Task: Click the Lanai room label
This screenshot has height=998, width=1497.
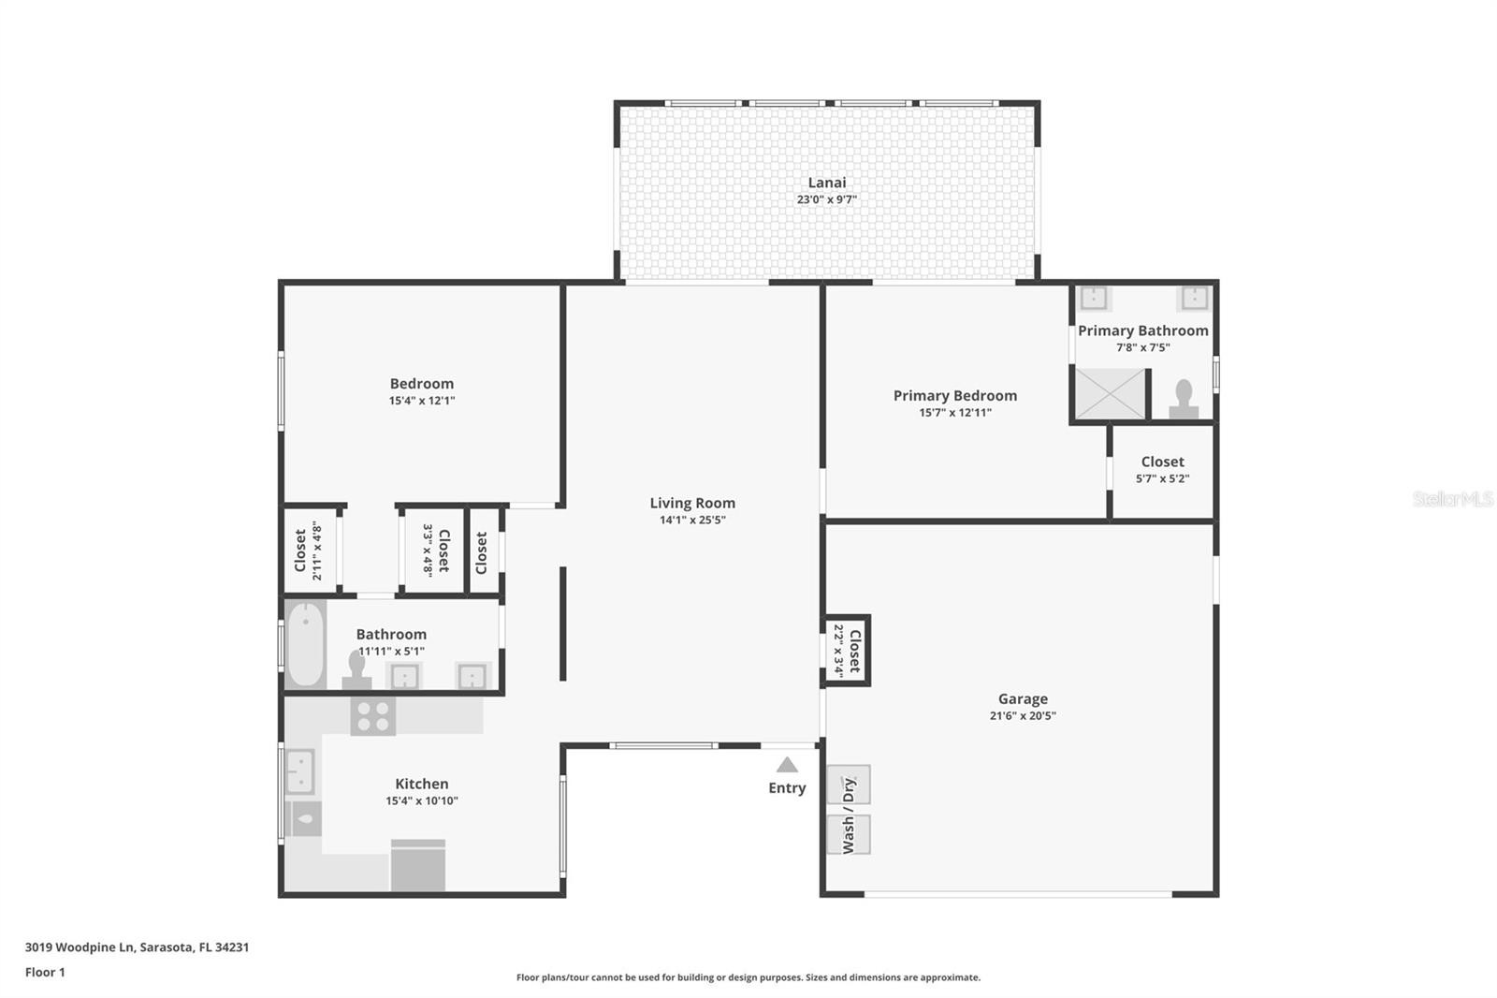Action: tap(827, 183)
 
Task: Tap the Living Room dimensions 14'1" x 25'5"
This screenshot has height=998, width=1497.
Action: tap(692, 520)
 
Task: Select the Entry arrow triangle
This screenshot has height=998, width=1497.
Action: tap(787, 765)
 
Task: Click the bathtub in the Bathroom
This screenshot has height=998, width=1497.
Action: tap(305, 644)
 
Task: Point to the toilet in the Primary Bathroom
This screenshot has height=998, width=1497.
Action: tap(1184, 400)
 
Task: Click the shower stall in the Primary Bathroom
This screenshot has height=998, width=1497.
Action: tap(1110, 393)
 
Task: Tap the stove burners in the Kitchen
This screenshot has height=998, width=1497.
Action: tap(373, 716)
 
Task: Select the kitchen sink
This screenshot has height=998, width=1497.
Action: tap(300, 771)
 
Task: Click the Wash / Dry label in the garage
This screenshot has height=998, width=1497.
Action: tap(848, 815)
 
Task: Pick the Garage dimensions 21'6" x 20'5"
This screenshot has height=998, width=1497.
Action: tap(1023, 715)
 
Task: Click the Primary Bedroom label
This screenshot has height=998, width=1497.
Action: tap(955, 395)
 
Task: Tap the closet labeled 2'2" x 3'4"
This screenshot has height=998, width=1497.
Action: tap(847, 650)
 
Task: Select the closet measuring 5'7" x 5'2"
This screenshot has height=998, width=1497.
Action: tap(1162, 471)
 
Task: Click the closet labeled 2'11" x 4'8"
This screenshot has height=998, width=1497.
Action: tap(309, 550)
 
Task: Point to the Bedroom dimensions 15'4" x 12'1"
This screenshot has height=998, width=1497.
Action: tap(422, 401)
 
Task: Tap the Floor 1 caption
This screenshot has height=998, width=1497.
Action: tap(45, 972)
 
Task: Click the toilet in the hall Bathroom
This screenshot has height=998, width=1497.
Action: tap(356, 671)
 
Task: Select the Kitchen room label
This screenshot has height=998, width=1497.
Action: tap(422, 784)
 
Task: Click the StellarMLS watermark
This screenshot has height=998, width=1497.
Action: tap(1453, 499)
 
